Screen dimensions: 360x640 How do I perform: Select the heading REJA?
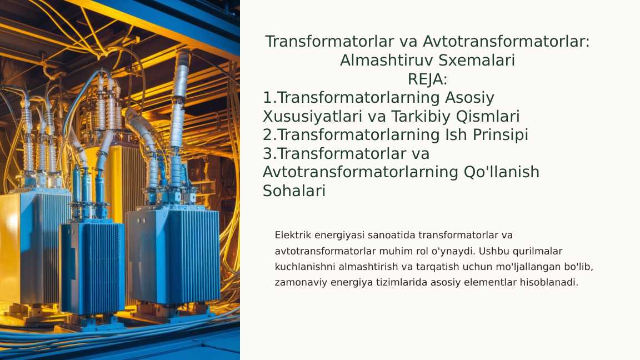(427, 79)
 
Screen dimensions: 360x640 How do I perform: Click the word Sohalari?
(294, 191)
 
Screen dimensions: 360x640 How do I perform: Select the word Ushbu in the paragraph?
(491, 251)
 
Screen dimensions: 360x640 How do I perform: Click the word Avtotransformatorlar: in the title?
(506, 42)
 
